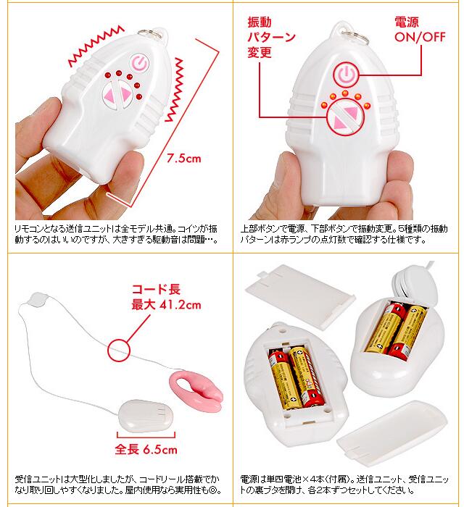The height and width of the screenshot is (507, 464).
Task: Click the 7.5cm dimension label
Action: point(184,158)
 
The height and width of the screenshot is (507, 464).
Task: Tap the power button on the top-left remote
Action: point(139,63)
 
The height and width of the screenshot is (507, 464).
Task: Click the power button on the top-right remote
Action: point(347,75)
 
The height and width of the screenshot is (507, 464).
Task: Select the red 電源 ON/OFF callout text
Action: point(420,30)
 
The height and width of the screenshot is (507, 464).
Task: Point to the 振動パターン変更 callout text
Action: point(271,37)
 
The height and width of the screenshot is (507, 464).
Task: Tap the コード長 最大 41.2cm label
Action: point(166,297)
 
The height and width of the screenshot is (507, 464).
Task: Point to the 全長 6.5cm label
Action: point(146,450)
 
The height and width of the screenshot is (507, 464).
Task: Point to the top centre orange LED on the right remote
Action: point(345,93)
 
